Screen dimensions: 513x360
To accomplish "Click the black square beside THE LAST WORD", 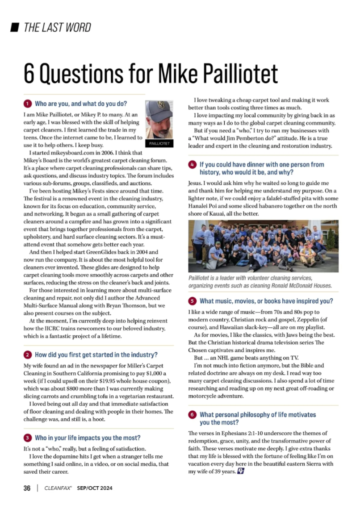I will click(15, 28).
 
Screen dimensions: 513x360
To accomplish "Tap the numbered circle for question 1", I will click(27, 104).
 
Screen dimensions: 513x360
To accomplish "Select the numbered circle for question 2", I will click(27, 355).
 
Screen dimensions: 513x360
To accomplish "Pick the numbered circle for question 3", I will click(27, 438).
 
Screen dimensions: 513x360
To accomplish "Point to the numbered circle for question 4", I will click(192, 165).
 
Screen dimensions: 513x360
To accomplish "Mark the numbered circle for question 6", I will click(192, 415).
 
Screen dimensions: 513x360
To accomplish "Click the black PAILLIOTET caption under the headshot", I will click(159, 144).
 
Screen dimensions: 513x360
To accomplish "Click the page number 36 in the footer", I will click(27, 488).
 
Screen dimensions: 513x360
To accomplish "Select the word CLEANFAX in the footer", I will click(59, 488).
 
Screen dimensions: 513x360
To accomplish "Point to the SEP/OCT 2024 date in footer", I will click(94, 488).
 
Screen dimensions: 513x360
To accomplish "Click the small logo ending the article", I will click(240, 471).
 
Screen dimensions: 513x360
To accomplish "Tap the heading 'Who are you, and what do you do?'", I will click(81, 104).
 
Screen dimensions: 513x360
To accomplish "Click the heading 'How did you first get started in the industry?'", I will click(96, 355).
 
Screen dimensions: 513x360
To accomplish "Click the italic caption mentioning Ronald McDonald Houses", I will click(260, 282).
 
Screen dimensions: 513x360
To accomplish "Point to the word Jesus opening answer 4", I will click(195, 183).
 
